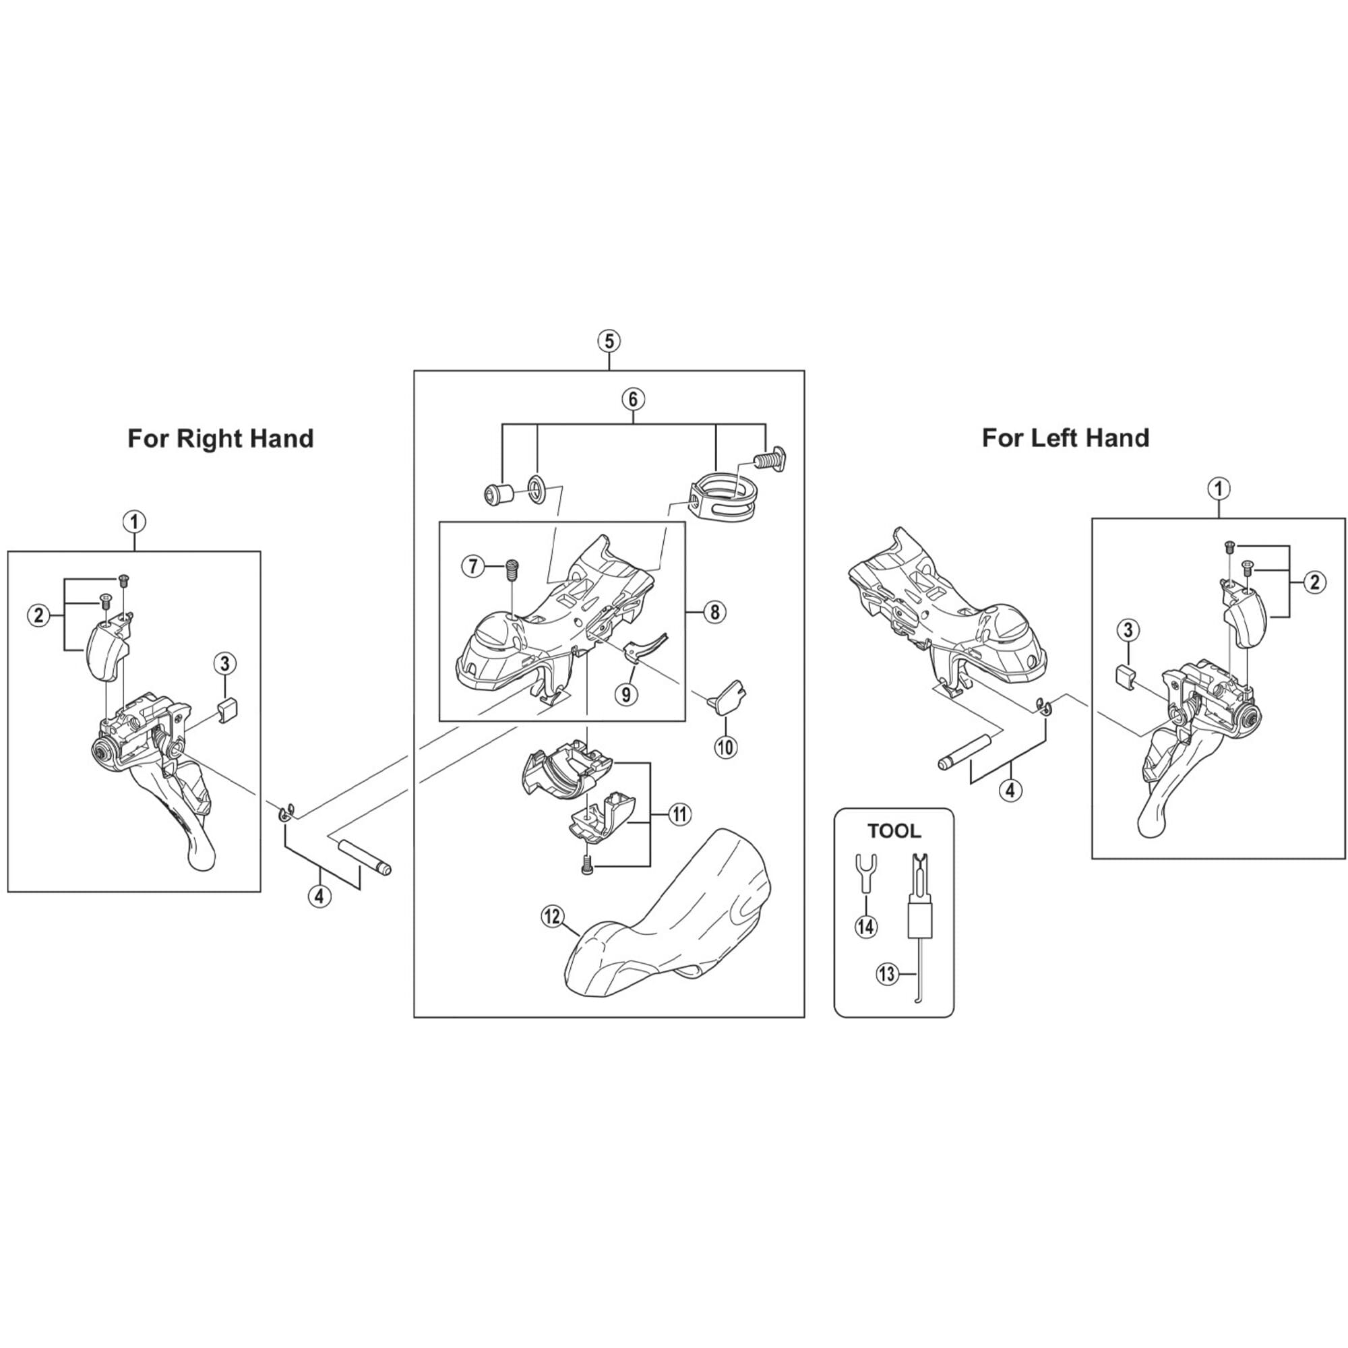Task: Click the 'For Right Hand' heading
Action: pyautogui.click(x=220, y=439)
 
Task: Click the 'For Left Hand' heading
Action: pyautogui.click(x=1066, y=438)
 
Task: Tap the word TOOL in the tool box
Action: pyautogui.click(x=894, y=831)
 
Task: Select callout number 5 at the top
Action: pyautogui.click(x=609, y=342)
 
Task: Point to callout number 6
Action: pyautogui.click(x=633, y=400)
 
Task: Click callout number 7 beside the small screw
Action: pyautogui.click(x=473, y=567)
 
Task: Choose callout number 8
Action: pyautogui.click(x=714, y=612)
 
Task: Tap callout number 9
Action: pyautogui.click(x=626, y=694)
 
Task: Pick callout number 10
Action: pyautogui.click(x=726, y=747)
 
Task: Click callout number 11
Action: pyautogui.click(x=679, y=814)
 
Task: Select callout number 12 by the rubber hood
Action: pyautogui.click(x=552, y=917)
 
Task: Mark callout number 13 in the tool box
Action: pyautogui.click(x=887, y=974)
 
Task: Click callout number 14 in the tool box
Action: pyautogui.click(x=867, y=927)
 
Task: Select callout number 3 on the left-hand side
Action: pyautogui.click(x=1128, y=630)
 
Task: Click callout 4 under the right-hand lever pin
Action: pyautogui.click(x=319, y=897)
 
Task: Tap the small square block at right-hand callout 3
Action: pyautogui.click(x=227, y=712)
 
